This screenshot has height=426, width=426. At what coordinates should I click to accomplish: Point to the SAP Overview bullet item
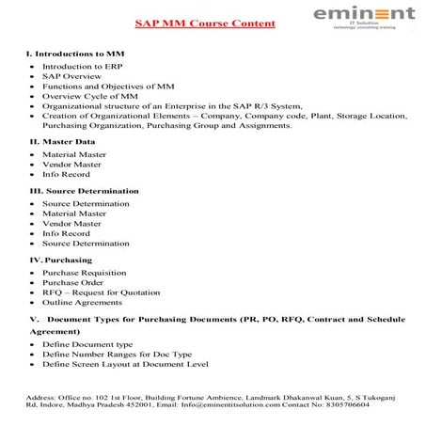(x=73, y=82)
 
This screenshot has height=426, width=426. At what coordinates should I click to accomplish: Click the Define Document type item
(x=87, y=346)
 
